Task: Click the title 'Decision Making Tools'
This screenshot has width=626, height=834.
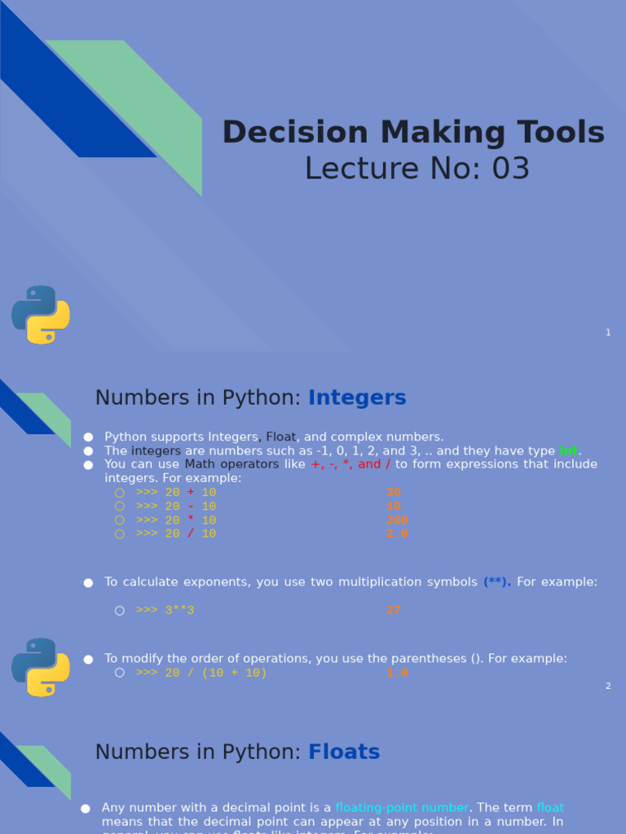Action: coord(413,133)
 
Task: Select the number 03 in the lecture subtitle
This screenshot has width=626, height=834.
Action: coord(510,169)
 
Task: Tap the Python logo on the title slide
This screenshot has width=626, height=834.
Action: coord(41,314)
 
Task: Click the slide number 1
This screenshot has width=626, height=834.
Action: coord(608,332)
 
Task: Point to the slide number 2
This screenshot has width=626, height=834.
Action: coord(608,686)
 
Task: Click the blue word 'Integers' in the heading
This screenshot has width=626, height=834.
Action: coord(357,398)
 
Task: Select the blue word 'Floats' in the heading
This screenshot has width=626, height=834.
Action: coord(344,752)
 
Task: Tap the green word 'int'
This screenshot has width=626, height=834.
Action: coord(568,451)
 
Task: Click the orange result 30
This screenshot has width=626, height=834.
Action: coord(394,493)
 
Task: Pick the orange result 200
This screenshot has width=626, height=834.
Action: coord(397,520)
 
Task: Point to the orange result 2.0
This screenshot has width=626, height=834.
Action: coord(397,534)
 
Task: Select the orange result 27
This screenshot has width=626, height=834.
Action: coord(394,610)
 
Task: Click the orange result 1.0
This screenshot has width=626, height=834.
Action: coord(397,674)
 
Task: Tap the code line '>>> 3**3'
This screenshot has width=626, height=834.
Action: coord(165,610)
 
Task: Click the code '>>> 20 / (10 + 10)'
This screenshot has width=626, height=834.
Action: coord(201,674)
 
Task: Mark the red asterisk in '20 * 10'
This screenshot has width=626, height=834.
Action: coord(191,520)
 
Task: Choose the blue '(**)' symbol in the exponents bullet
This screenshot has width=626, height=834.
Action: coord(497,582)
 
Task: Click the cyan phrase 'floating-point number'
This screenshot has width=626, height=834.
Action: coord(402,808)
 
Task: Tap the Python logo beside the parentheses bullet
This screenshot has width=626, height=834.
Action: coord(41,667)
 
